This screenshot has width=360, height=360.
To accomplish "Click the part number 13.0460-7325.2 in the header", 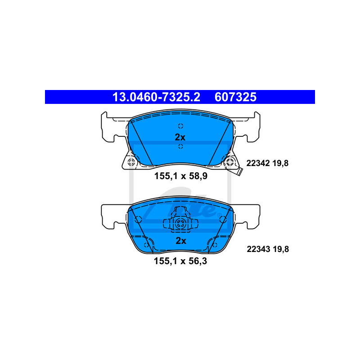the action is click(156, 97).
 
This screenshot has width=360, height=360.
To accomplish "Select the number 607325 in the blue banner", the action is click(235, 97).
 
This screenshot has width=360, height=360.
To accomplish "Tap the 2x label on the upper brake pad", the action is click(180, 137).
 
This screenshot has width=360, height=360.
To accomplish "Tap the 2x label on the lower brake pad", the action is click(181, 241).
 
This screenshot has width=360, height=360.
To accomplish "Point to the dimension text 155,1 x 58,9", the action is click(181, 176).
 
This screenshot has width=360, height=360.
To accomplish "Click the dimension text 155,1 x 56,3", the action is click(180, 261).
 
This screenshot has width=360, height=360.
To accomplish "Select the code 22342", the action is click(258, 163).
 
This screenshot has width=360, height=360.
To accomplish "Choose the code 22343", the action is click(258, 249).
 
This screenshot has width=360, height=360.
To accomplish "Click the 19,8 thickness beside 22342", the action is click(280, 163).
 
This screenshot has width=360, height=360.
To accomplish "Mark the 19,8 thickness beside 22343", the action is click(281, 249).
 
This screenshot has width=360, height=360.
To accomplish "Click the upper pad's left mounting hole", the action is click(131, 162).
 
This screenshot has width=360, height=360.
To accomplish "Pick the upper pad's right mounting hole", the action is click(229, 162).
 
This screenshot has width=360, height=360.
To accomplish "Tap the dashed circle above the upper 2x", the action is click(180, 126).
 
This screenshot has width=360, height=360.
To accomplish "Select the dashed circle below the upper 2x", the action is click(180, 146).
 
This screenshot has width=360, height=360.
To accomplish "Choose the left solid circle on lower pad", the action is click(138, 220).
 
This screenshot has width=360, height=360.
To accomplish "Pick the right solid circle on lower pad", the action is click(223, 220).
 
